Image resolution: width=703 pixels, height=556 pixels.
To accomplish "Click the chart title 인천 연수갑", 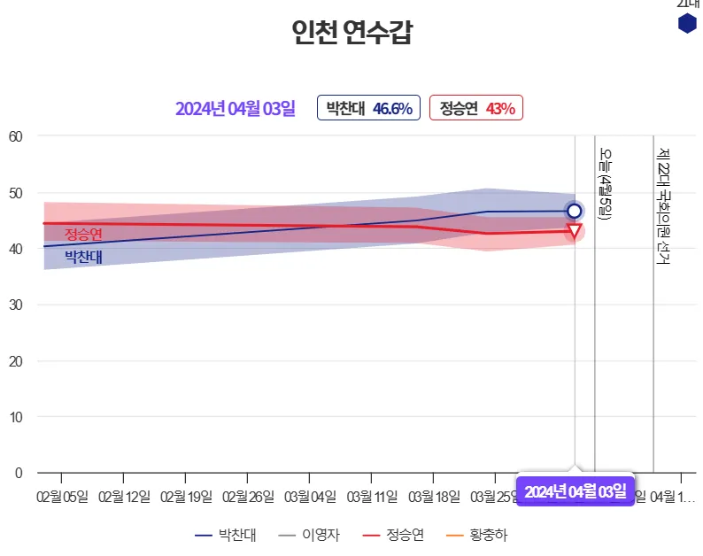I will (x=351, y=33).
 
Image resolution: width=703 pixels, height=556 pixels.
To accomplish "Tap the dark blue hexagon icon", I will (x=687, y=24).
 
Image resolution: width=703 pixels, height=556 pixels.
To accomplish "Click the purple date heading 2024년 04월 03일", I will (x=235, y=109).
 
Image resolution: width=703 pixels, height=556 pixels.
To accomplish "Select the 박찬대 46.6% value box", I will (x=368, y=108).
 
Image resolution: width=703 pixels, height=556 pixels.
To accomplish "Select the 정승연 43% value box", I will (x=476, y=108).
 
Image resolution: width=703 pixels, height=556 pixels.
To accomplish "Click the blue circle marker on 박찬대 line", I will (x=574, y=211).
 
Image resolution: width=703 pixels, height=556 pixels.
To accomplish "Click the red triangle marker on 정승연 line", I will (x=574, y=232).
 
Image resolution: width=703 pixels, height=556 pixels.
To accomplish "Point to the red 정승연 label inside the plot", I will (x=83, y=234).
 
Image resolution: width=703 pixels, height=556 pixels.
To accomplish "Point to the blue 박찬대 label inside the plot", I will (x=83, y=257).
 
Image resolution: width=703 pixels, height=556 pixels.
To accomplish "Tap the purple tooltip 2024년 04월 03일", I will (x=575, y=490).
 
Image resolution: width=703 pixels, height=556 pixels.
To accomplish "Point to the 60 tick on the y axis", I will (x=15, y=136).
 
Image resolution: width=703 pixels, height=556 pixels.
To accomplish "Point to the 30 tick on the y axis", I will (x=15, y=305).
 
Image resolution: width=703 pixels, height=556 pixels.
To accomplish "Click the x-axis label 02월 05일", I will (x=62, y=496).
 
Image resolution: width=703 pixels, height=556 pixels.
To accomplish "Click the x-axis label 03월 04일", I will (x=310, y=496).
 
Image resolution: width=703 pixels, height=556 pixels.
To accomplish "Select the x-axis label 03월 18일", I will (x=434, y=496).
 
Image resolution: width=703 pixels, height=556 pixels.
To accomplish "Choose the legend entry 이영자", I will (x=308, y=535).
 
